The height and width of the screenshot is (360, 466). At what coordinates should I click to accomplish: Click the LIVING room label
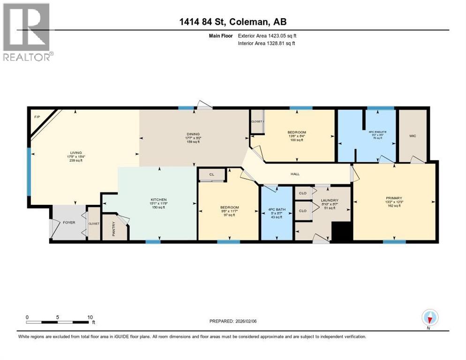tap(76, 152)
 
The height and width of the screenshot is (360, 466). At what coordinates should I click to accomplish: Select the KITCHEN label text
tap(158, 200)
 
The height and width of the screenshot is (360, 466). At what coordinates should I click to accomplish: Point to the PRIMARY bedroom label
tap(393, 198)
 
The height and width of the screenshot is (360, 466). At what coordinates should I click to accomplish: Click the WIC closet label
tap(412, 136)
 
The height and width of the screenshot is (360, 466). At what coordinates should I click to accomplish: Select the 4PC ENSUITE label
tap(377, 132)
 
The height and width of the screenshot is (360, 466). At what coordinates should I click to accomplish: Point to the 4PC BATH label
tap(274, 210)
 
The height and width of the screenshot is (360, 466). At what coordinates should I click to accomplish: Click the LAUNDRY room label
tap(329, 200)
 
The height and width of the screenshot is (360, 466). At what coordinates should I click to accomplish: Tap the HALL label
tap(294, 174)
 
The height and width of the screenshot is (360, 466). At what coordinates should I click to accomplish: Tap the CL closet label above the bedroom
tap(211, 174)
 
